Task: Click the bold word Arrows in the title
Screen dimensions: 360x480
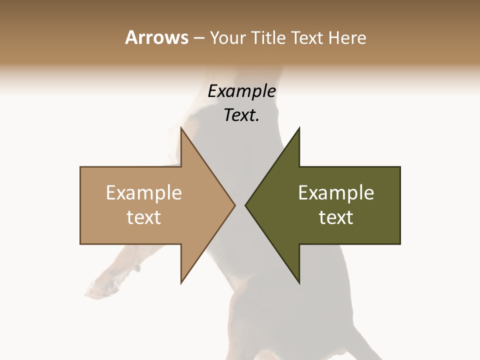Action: pyautogui.click(x=156, y=37)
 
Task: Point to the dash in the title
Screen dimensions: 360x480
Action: pyautogui.click(x=198, y=38)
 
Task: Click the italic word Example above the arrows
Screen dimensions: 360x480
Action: pyautogui.click(x=241, y=91)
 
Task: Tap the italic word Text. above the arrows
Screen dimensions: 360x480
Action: pyautogui.click(x=241, y=115)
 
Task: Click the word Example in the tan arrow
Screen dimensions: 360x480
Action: pyautogui.click(x=143, y=193)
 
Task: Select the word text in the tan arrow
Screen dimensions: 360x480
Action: pyautogui.click(x=143, y=217)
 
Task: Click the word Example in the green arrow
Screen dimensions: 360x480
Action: pyautogui.click(x=336, y=193)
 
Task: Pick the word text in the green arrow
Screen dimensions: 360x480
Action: pyautogui.click(x=336, y=217)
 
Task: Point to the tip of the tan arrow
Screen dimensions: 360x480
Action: pyautogui.click(x=234, y=205)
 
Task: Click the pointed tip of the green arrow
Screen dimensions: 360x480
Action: pyautogui.click(x=246, y=205)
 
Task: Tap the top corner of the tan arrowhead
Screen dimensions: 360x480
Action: pyautogui.click(x=181, y=128)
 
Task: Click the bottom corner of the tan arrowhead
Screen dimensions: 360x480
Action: pyautogui.click(x=181, y=282)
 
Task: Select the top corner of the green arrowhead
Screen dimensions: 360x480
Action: pyautogui.click(x=299, y=128)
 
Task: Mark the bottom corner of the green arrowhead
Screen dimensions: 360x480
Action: pyautogui.click(x=299, y=282)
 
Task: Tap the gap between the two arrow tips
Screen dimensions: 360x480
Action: pyautogui.click(x=240, y=205)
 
